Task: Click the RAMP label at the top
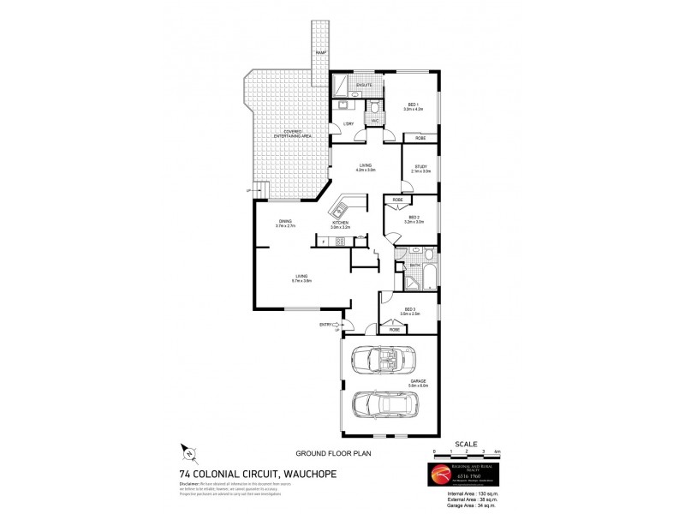(320, 53)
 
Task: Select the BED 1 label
(413, 105)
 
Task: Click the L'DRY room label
(348, 125)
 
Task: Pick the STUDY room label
(420, 168)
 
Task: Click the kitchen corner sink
(346, 206)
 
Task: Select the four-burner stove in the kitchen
(339, 242)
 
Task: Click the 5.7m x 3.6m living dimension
(301, 280)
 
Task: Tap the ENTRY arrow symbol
(339, 325)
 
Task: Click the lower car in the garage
(384, 403)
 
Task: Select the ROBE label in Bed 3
(395, 330)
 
